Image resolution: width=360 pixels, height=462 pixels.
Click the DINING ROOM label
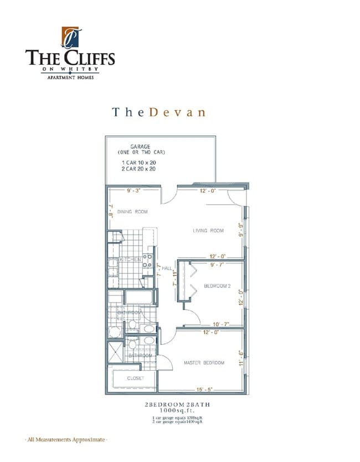(x=132, y=211)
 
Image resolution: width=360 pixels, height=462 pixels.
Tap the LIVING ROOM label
(x=208, y=231)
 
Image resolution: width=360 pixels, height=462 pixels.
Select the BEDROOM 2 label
(x=217, y=286)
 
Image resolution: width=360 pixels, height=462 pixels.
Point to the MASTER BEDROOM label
(x=204, y=363)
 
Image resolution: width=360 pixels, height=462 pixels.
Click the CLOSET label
(x=135, y=378)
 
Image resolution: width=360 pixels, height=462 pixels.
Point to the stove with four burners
(x=148, y=261)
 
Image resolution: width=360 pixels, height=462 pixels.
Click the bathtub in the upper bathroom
(x=141, y=298)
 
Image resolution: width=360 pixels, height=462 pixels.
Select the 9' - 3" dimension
(x=133, y=191)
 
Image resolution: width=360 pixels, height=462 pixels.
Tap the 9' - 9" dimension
(x=240, y=229)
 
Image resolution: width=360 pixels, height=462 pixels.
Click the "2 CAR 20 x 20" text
(x=138, y=169)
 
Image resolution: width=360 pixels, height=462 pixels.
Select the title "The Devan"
(x=158, y=112)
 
